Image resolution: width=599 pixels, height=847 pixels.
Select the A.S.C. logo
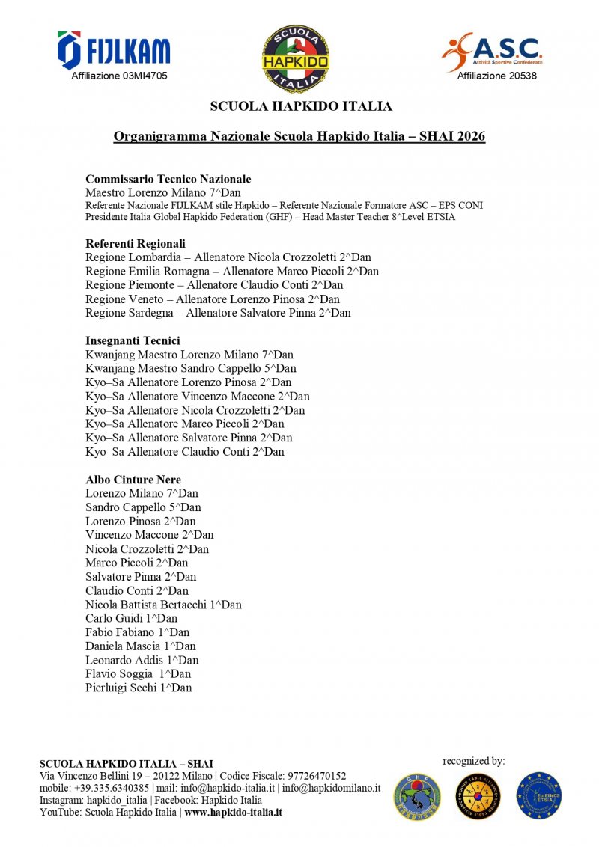pyautogui.click(x=492, y=51)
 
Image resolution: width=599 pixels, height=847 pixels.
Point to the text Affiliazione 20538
pyautogui.click(x=497, y=76)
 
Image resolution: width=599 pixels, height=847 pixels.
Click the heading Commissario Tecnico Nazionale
pyautogui.click(x=168, y=179)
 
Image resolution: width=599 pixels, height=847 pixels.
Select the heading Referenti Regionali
pyautogui.click(x=136, y=243)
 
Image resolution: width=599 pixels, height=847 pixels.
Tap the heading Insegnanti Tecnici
pyautogui.click(x=133, y=340)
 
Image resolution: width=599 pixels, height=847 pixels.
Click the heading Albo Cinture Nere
pyautogui.click(x=133, y=480)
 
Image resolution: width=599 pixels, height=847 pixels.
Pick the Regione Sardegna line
pyautogui.click(x=218, y=313)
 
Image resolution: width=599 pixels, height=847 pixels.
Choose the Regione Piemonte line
pyautogui.click(x=214, y=285)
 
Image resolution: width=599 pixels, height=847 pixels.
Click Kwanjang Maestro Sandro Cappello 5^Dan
pyautogui.click(x=191, y=368)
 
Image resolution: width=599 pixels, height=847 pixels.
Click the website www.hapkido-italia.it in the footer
pyautogui.click(x=233, y=812)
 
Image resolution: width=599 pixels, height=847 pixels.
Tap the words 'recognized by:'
pyautogui.click(x=474, y=761)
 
